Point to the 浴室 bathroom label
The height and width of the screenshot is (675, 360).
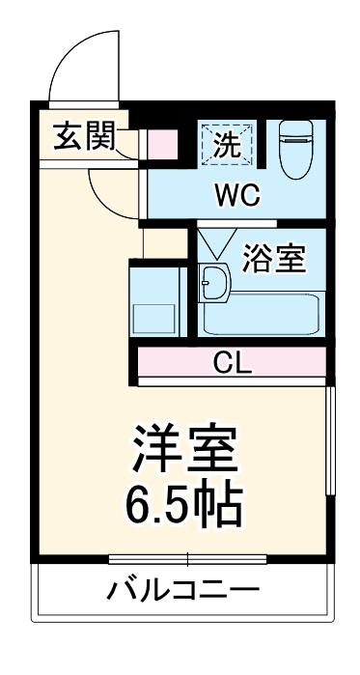tap(273, 258)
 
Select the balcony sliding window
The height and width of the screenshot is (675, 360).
tap(186, 558)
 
